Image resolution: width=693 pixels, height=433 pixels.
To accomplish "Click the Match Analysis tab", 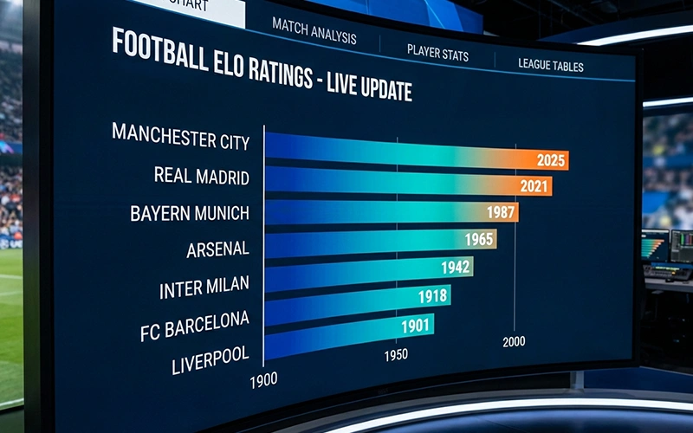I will pos(314,31).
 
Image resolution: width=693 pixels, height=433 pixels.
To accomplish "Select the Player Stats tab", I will pos(437,53).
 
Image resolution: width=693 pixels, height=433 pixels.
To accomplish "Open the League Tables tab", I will pos(550,65).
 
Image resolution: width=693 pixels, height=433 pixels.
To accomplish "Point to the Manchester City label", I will pos(180,138).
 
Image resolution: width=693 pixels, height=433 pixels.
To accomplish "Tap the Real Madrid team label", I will pos(201,177).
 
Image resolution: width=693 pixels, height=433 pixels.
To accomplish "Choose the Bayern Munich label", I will pos(189,213).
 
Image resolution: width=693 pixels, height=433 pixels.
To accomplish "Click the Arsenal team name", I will pos(217,250).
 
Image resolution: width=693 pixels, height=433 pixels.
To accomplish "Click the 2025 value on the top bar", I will pos(551,160).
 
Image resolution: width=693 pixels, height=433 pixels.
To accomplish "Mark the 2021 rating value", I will pos(534,185).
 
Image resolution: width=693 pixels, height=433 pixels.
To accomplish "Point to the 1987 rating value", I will pos(501,212).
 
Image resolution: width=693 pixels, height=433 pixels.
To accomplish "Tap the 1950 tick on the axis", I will pos(395,355).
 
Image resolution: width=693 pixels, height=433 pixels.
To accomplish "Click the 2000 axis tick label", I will pos(514,341).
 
